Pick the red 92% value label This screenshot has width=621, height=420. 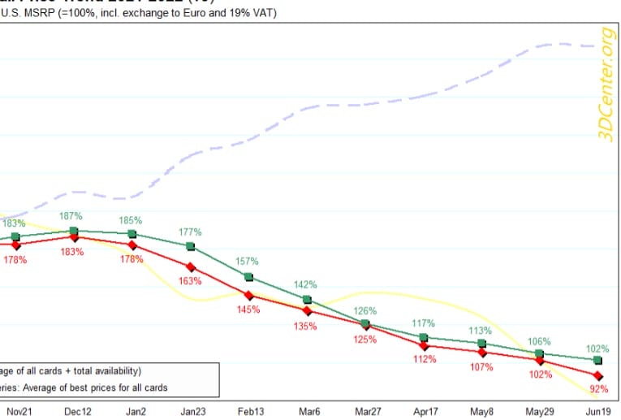coord(598,389)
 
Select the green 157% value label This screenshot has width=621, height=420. coord(248,262)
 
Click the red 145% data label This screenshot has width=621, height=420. coord(248,310)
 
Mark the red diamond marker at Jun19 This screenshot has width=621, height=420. coord(598,376)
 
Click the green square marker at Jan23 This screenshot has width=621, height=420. coord(191,246)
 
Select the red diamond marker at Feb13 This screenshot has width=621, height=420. coord(248,295)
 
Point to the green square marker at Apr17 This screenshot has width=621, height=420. coord(424,337)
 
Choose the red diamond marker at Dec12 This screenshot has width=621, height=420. coord(75,237)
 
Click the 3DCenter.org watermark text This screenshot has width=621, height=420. coord(605,84)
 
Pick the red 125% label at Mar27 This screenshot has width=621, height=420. coord(365,339)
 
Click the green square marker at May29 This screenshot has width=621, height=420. coord(540,353)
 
